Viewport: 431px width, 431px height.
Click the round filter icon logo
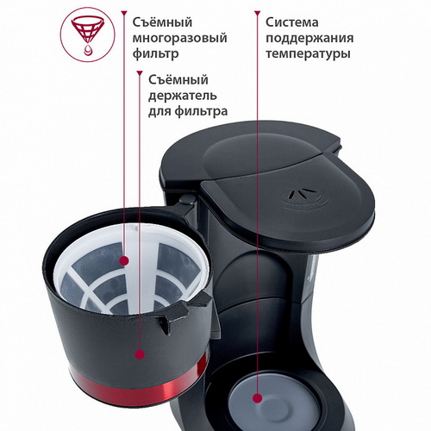(88, 34)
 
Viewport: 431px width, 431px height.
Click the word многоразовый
(179, 38)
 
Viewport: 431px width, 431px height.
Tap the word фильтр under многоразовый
(155, 54)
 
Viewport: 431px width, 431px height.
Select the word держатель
(183, 96)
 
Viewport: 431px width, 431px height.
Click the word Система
(291, 22)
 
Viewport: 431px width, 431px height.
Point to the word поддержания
(309, 38)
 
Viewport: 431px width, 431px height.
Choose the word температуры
(308, 54)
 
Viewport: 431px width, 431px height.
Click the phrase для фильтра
(188, 111)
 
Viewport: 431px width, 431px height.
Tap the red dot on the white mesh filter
(124, 261)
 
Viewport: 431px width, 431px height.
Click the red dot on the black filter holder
(140, 354)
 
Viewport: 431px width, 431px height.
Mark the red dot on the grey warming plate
(258, 398)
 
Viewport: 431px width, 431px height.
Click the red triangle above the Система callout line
(258, 13)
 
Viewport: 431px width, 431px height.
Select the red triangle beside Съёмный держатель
(140, 73)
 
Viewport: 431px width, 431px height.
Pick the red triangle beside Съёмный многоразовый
(124, 13)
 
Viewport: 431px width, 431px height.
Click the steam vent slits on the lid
(299, 195)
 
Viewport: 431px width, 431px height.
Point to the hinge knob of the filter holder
(187, 199)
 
